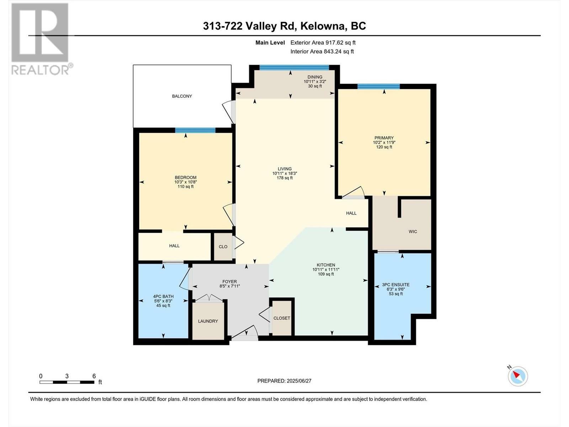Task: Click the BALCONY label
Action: tap(182, 96)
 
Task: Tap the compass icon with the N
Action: tap(517, 376)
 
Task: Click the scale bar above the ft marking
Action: tap(67, 382)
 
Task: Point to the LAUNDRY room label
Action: tap(208, 321)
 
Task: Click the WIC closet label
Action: tap(413, 232)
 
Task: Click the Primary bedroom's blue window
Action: tap(378, 86)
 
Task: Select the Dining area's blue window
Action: tap(294, 68)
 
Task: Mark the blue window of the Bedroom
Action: tap(195, 130)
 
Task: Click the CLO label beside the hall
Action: tap(223, 247)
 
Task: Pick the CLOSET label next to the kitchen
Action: tap(282, 318)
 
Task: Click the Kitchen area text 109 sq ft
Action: tap(326, 274)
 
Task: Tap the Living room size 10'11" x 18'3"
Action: tap(284, 173)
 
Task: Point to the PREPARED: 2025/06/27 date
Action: tap(284, 381)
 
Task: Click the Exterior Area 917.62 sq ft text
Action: tap(323, 43)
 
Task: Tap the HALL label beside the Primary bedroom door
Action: tap(351, 213)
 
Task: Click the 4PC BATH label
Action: tap(163, 296)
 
